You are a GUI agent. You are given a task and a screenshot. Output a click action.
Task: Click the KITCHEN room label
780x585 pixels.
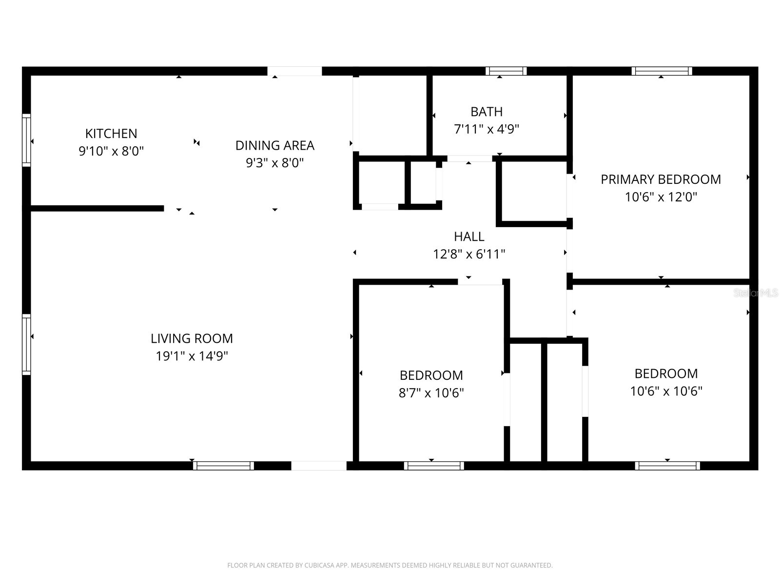coord(111,133)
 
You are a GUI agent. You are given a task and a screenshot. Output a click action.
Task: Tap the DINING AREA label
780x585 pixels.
coord(274,145)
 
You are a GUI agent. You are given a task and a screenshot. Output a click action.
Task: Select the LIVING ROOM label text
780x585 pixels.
coord(192,338)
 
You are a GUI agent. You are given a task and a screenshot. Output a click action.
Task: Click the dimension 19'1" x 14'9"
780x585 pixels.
coord(192,356)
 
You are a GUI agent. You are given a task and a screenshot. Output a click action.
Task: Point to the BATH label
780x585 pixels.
coord(487,112)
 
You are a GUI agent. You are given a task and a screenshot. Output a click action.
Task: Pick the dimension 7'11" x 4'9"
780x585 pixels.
coord(487,129)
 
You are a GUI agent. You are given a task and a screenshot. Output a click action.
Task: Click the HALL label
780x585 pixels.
coord(469,236)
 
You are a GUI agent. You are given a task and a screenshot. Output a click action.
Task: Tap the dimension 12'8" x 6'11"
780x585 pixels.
coord(469,254)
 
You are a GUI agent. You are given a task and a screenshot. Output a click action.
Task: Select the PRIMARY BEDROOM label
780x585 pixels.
coord(661,179)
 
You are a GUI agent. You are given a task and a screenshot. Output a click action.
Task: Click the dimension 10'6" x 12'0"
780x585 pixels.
coord(661,197)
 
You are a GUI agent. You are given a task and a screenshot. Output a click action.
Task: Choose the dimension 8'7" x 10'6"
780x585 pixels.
coord(431,393)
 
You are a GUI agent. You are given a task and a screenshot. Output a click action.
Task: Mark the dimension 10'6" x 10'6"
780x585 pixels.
coord(666,391)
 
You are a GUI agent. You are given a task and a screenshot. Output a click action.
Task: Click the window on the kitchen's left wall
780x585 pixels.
coord(26,140)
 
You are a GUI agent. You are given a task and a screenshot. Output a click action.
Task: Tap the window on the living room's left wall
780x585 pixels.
coord(26,344)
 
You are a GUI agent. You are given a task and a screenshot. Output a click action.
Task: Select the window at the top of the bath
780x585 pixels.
coord(506,71)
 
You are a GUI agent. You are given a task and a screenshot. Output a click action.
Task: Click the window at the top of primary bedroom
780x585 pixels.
coord(662,71)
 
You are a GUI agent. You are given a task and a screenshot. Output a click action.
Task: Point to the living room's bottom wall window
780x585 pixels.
coord(223,466)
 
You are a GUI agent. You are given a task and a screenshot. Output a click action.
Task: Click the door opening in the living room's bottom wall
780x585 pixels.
coord(319,466)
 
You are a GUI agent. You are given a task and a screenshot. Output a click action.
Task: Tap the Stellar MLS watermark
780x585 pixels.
coord(756,293)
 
